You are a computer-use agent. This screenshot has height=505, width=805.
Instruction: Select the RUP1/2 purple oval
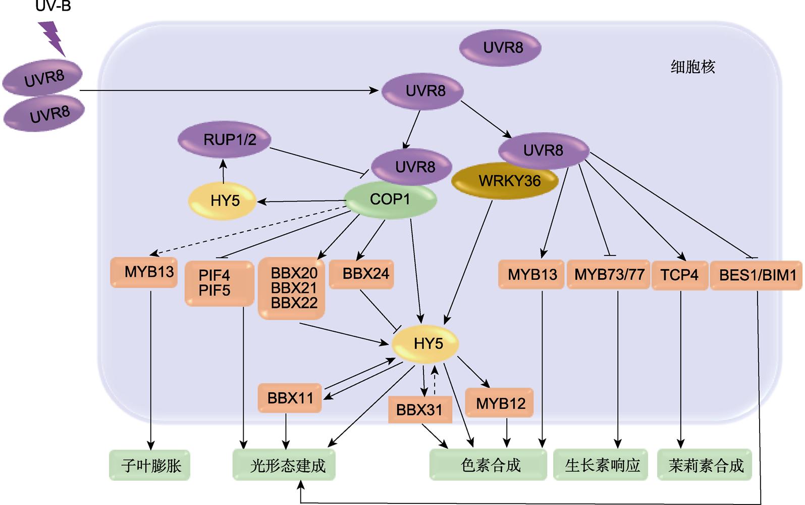(225, 139)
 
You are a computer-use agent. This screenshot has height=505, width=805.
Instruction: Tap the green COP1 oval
(390, 199)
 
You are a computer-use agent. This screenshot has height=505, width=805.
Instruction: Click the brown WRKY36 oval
(505, 181)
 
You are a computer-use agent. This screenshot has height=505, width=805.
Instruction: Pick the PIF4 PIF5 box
(219, 283)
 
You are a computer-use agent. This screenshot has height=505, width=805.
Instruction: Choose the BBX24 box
(361, 274)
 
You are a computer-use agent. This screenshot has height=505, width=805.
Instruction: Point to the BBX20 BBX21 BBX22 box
(291, 288)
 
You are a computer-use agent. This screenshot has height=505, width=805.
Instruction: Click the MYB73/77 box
(609, 275)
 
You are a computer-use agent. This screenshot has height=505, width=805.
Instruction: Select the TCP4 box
(679, 275)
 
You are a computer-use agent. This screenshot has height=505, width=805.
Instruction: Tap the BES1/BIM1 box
(756, 275)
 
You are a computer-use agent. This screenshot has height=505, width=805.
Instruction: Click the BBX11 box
(290, 398)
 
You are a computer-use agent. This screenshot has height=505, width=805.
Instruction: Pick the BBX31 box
(419, 410)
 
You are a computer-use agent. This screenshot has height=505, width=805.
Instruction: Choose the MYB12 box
(500, 403)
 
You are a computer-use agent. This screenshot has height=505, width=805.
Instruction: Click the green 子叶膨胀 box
(150, 465)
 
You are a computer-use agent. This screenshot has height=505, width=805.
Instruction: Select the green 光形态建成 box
(284, 465)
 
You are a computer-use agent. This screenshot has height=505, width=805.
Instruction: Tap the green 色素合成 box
(488, 465)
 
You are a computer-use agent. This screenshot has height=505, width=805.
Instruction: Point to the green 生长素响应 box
(601, 465)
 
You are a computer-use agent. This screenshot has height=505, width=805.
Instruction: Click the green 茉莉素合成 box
(705, 465)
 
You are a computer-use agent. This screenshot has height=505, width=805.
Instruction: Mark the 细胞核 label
(692, 67)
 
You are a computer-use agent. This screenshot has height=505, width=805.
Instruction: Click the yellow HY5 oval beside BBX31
(425, 344)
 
